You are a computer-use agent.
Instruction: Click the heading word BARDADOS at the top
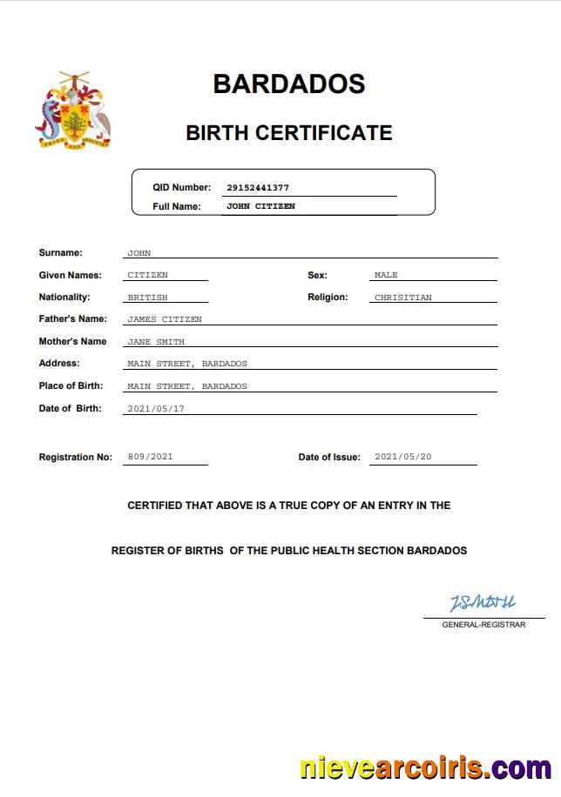[288, 84]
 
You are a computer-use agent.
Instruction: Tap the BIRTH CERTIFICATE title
[288, 133]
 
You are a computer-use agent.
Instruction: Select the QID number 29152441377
[257, 187]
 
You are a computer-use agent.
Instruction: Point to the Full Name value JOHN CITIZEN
[260, 206]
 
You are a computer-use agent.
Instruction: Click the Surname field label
[60, 253]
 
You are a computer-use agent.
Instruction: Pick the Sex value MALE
[386, 275]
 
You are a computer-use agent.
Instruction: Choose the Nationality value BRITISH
[147, 298]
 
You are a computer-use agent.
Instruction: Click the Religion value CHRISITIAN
[402, 298]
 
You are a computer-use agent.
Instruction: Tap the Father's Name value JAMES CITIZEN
[165, 319]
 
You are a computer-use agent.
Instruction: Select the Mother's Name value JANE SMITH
[156, 342]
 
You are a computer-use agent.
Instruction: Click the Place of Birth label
[71, 385]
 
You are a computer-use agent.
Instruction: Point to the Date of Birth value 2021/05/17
[156, 408]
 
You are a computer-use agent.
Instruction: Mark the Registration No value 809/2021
[150, 457]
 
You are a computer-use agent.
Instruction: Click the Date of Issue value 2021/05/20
[402, 457]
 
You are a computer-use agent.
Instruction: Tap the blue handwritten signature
[482, 602]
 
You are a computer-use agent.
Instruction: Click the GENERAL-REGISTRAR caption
[483, 625]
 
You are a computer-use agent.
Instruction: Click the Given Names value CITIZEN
[147, 275]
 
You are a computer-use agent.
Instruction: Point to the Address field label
[59, 363]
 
